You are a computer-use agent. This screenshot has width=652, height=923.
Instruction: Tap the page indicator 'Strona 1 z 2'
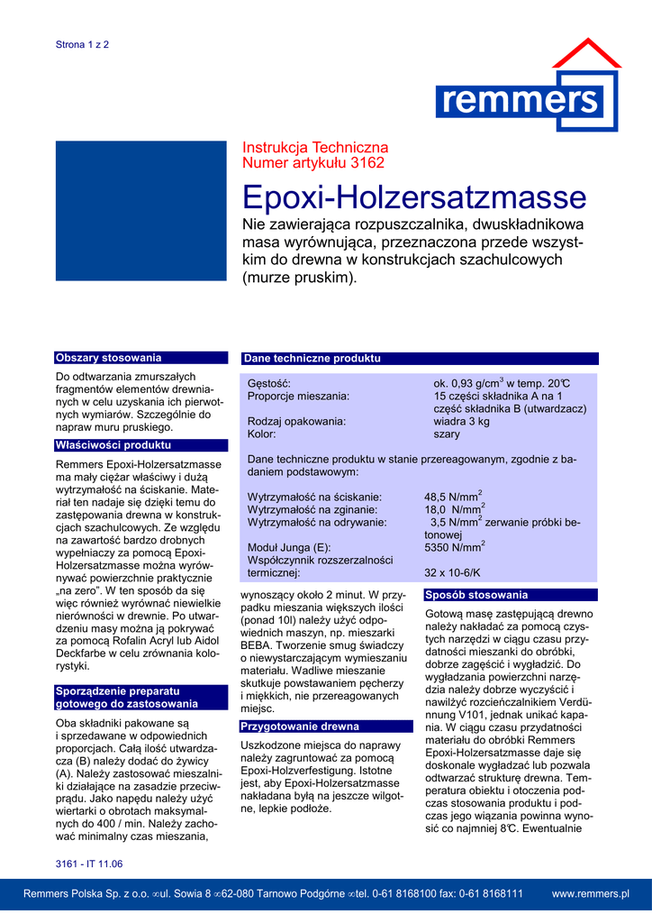click(x=82, y=44)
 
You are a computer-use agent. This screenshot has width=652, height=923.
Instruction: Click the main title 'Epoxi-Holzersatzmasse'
click(x=414, y=196)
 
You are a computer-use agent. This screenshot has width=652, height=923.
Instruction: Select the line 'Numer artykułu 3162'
click(x=313, y=163)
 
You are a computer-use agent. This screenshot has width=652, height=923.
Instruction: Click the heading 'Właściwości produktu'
click(x=113, y=445)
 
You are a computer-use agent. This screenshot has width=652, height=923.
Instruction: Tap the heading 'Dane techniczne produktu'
click(x=312, y=359)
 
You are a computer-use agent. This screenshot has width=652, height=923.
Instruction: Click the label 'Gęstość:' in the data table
click(x=269, y=384)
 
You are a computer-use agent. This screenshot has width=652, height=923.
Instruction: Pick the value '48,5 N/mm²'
click(x=453, y=497)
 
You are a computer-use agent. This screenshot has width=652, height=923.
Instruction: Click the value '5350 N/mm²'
click(x=455, y=547)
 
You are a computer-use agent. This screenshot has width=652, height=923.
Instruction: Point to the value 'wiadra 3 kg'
click(x=461, y=421)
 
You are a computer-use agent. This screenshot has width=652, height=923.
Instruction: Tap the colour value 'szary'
click(x=447, y=434)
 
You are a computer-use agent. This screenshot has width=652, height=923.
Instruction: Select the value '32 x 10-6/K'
click(x=452, y=572)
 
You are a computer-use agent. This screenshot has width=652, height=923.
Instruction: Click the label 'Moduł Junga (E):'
click(x=289, y=547)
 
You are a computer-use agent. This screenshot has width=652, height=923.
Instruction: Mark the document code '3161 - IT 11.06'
click(x=88, y=864)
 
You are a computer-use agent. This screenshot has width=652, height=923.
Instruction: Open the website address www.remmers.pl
click(x=590, y=893)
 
